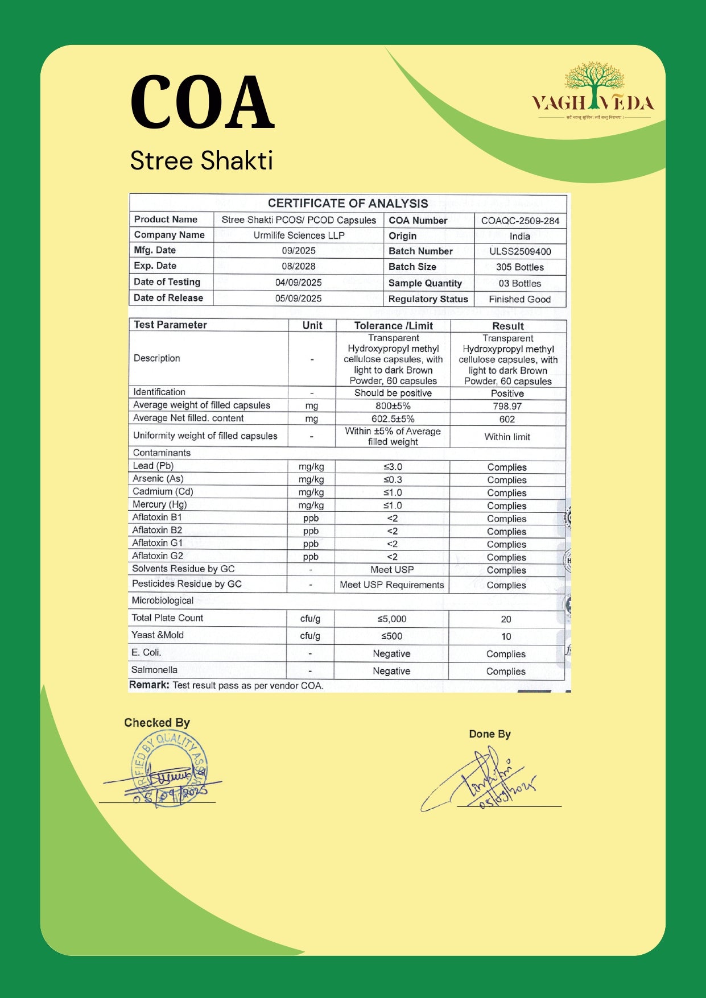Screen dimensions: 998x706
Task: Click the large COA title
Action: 202,103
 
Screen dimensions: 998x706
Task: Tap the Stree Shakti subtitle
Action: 201,161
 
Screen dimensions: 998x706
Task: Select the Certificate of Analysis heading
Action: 348,203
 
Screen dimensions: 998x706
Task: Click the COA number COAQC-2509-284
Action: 520,221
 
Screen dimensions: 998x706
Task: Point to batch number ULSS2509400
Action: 520,251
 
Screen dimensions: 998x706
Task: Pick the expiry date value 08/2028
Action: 298,266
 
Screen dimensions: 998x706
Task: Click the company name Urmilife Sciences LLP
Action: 299,235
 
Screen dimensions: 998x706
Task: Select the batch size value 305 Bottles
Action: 520,267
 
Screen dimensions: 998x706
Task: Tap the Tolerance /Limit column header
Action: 393,326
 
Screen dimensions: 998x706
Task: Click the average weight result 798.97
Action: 507,406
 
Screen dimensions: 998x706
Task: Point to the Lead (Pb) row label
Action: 153,466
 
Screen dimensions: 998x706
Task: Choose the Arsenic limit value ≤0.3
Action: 393,480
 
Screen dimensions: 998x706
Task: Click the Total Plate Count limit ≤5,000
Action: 391,619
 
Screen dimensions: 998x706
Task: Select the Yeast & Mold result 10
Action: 506,636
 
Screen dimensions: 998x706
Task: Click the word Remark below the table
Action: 149,685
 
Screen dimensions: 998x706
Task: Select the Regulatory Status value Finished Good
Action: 519,299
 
